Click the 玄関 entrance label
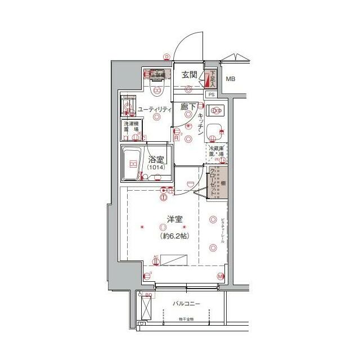(x=189, y=75)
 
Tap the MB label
(x=230, y=79)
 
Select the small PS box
(x=211, y=94)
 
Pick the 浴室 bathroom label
(x=155, y=159)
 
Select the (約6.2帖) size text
(x=173, y=236)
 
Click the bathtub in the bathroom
(x=133, y=164)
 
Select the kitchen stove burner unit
(x=215, y=110)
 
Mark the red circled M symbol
(x=220, y=276)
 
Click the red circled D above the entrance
(x=167, y=56)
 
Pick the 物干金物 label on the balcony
(x=186, y=319)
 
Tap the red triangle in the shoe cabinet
(x=208, y=78)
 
